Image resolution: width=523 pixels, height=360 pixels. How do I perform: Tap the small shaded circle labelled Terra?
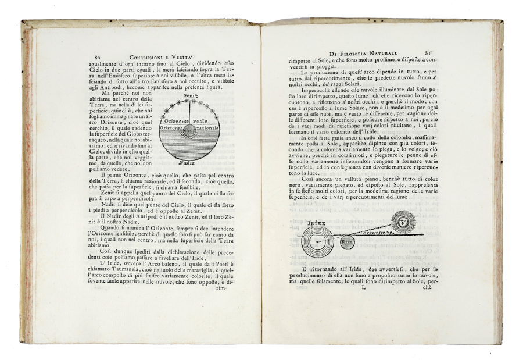click(x=346, y=239)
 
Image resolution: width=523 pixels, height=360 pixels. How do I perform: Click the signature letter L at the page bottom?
click(x=364, y=286)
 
